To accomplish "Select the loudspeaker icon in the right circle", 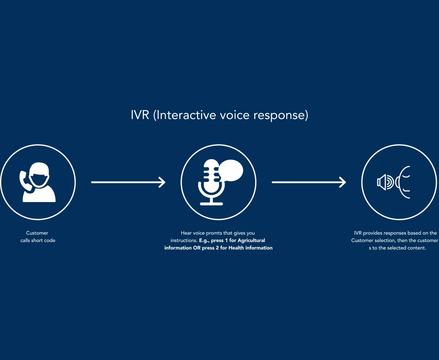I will click(385, 182).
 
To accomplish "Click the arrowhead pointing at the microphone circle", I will click(162, 182).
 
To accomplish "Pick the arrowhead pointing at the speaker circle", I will click(343, 182).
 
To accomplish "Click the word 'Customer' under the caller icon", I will click(37, 233).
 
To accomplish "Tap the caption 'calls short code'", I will click(38, 240).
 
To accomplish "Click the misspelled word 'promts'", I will click(213, 233).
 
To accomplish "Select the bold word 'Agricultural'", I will click(251, 240).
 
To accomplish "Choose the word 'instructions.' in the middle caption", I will click(183, 240).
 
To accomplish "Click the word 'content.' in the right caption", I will click(416, 248).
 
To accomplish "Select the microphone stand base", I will click(211, 203).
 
